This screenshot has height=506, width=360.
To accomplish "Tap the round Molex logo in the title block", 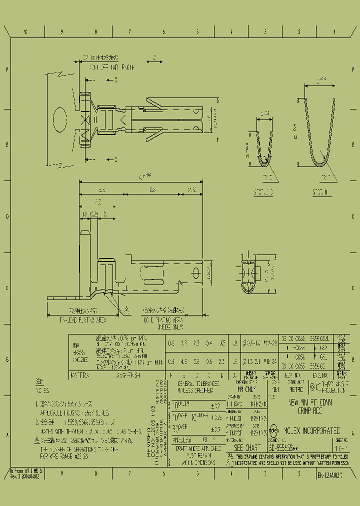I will coord(274,430).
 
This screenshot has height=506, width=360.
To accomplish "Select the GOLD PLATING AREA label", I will coord(163,320).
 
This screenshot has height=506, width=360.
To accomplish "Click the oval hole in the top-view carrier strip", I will coord(59,119).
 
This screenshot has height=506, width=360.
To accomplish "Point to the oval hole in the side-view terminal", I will coord(195,274).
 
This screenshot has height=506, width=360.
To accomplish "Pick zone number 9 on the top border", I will coord(61,31).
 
